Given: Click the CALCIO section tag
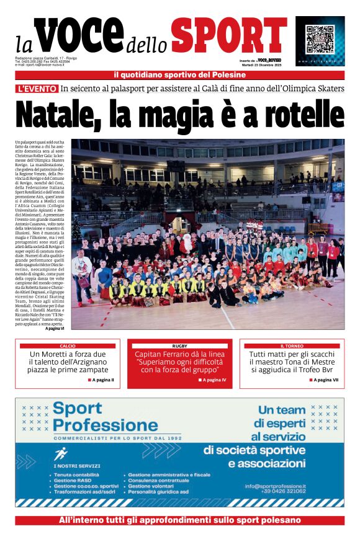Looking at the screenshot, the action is click(68, 345).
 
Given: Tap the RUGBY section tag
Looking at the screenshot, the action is click(180, 345).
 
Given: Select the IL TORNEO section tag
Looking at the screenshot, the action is click(292, 345).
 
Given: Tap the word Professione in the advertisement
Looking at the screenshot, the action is click(106, 425).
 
